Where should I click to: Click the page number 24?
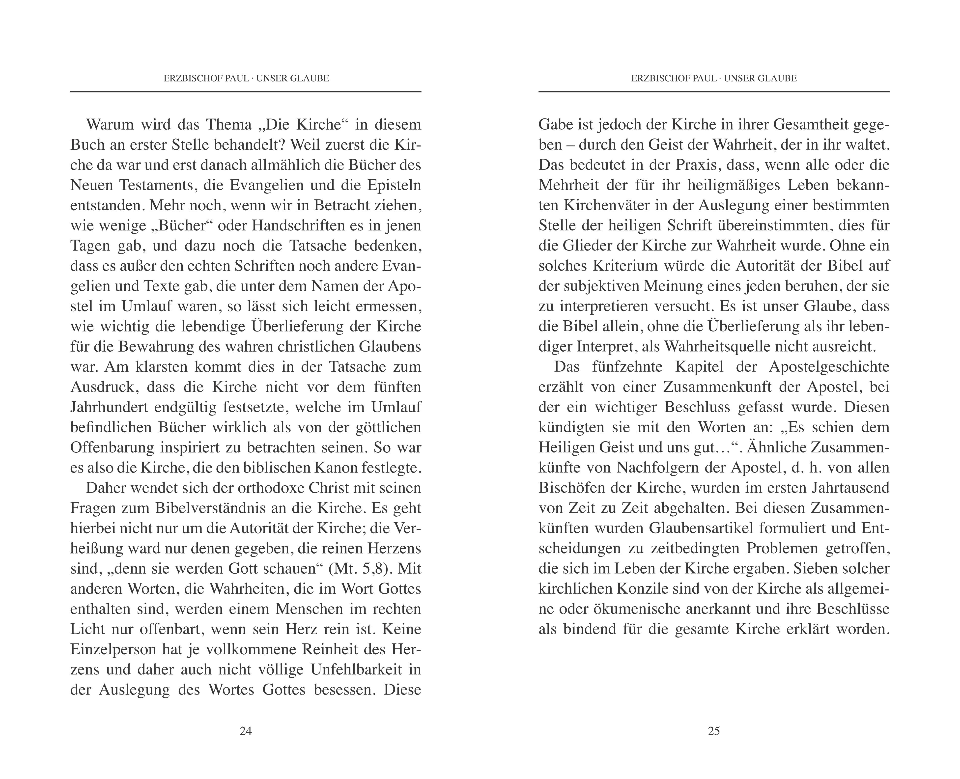coord(246,731)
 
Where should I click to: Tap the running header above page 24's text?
coord(246,78)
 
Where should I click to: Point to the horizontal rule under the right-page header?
coord(714,92)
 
